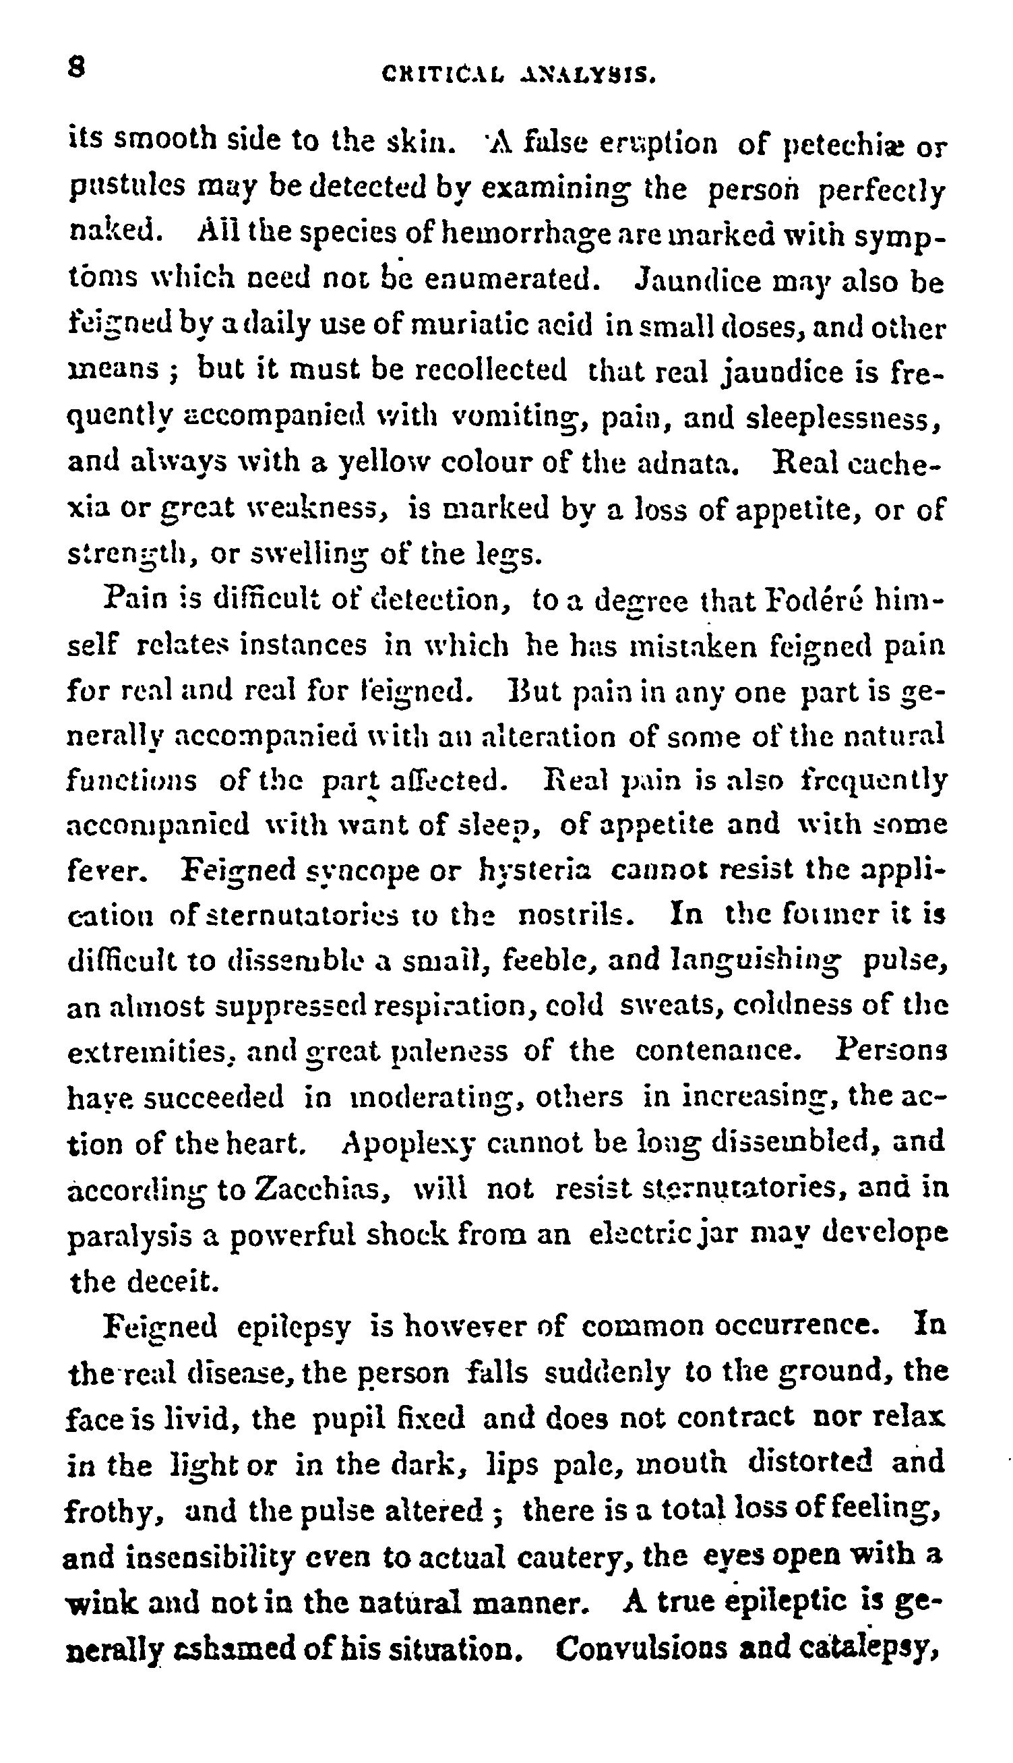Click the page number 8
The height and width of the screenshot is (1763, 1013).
point(77,69)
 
